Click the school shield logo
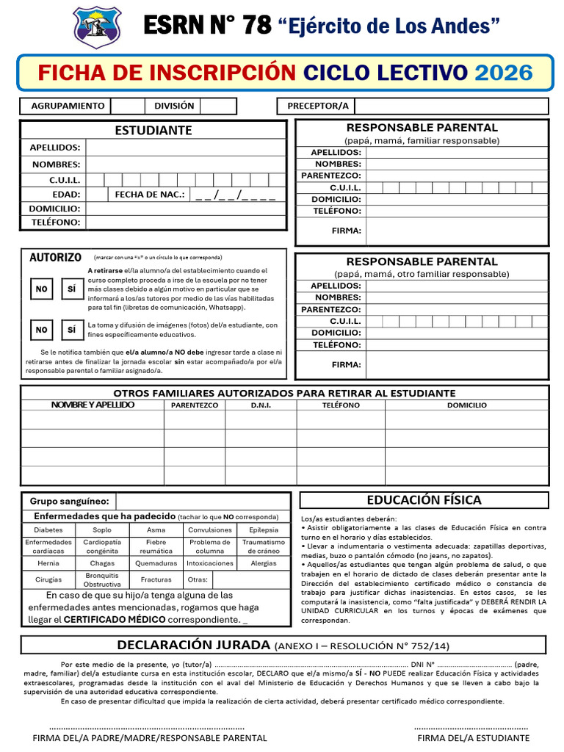click(x=98, y=27)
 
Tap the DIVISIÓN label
click(x=174, y=106)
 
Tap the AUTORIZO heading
click(x=55, y=258)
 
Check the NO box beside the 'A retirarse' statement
click(x=41, y=289)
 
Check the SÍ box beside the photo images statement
click(x=71, y=330)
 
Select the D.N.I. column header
click(x=261, y=405)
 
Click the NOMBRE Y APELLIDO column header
click(x=93, y=405)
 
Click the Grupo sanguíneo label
click(x=69, y=501)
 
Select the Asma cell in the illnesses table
click(x=156, y=529)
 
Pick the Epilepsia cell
click(x=264, y=529)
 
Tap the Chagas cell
click(x=102, y=563)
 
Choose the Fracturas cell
click(x=156, y=579)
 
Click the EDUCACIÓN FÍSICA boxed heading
click(x=424, y=500)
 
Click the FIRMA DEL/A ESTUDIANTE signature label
click(x=472, y=737)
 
